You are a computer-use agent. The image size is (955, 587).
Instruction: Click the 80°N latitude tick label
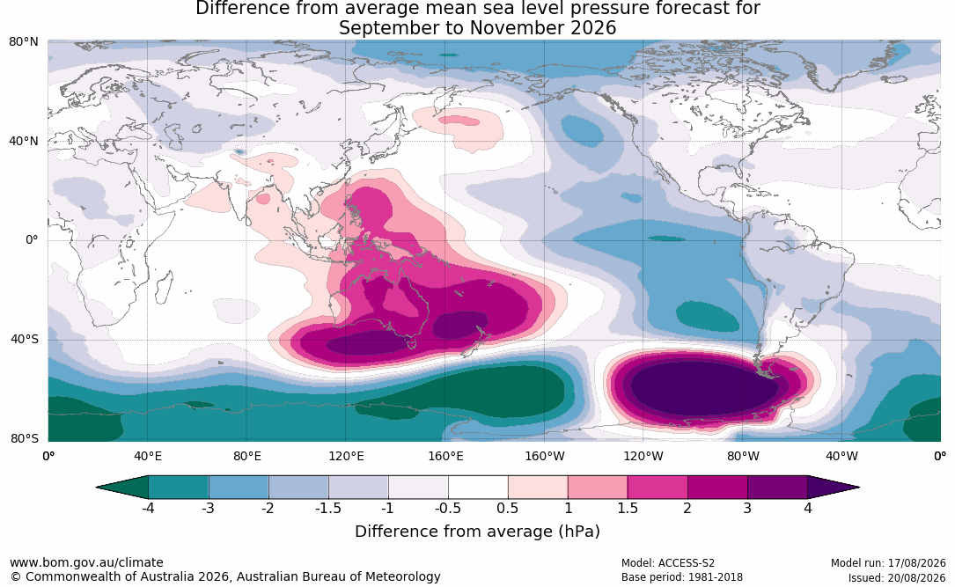pos(23,42)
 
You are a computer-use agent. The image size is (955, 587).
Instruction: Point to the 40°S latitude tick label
pos(25,339)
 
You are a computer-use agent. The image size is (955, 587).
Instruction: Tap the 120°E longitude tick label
pos(346,456)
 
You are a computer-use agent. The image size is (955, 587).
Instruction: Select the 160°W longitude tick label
pos(545,456)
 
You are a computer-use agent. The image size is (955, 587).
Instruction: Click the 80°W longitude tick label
pos(743,456)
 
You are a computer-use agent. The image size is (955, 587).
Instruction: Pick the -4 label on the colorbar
pos(147,508)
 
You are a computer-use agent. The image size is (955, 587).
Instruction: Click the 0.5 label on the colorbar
pos(507,508)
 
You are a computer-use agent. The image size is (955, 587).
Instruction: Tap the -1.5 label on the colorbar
pos(327,508)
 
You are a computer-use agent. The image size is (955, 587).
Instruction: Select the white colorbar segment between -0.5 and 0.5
pos(478,488)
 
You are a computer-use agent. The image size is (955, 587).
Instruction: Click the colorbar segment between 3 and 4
pos(778,488)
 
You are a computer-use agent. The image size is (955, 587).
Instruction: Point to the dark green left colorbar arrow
pos(122,488)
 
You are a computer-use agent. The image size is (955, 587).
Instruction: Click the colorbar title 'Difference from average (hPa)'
pos(477,532)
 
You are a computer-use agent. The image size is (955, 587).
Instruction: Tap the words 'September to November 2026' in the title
pos(477,28)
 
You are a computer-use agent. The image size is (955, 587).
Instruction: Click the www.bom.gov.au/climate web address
pos(86,562)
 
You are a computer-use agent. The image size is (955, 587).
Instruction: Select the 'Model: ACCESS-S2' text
pos(668,563)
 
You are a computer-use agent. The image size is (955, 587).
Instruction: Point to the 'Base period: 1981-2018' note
pos(682,577)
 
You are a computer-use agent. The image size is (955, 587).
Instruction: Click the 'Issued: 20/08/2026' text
pos(897,577)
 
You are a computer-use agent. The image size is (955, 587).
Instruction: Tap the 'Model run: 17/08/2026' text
pos(888,563)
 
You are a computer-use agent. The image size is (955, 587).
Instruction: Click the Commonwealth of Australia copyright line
pos(225,576)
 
